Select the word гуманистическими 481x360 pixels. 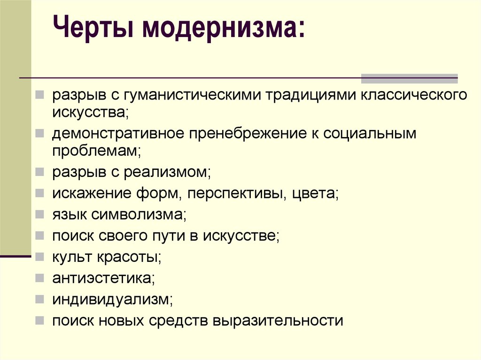[192, 95]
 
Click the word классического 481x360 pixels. [414, 95]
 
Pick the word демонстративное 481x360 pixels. [118, 134]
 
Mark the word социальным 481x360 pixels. [369, 134]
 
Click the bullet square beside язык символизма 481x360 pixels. [39, 214]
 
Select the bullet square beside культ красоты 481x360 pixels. [39, 257]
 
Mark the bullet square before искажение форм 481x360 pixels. [39, 193]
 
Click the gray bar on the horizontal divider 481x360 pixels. [409, 78]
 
